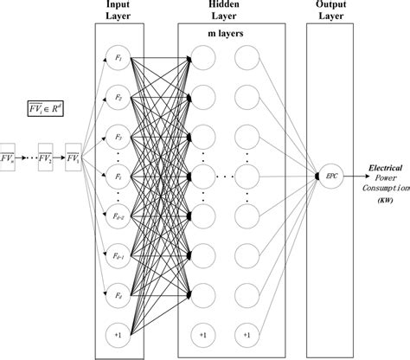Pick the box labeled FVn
(7, 158)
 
